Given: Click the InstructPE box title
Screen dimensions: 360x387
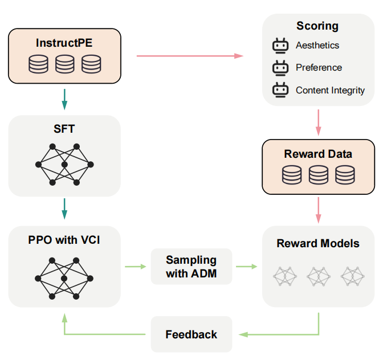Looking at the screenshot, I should (x=64, y=43).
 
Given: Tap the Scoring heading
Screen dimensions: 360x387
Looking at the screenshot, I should (x=317, y=26).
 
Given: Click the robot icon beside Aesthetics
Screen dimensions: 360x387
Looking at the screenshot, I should (x=280, y=46).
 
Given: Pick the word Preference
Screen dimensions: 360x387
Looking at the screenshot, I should (x=319, y=68).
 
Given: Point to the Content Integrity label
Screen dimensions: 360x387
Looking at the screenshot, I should (x=330, y=90).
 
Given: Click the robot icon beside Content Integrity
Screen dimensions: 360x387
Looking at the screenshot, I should (x=280, y=90).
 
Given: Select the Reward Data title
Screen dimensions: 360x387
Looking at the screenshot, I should (x=318, y=154).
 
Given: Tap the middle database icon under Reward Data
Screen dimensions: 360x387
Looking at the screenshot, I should (x=318, y=175).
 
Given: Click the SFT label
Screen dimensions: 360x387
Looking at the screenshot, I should (x=64, y=129).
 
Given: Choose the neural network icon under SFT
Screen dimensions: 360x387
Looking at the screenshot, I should (x=64, y=165).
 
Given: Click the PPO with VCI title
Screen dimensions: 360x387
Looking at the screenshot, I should (x=64, y=240).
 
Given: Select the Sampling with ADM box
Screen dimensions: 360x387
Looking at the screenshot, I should (x=191, y=267).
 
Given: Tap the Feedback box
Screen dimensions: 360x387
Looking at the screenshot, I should (x=191, y=334).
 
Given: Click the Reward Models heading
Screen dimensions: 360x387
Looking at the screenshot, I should (x=318, y=243).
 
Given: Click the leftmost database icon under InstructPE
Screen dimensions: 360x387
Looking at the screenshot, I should (x=39, y=64).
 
